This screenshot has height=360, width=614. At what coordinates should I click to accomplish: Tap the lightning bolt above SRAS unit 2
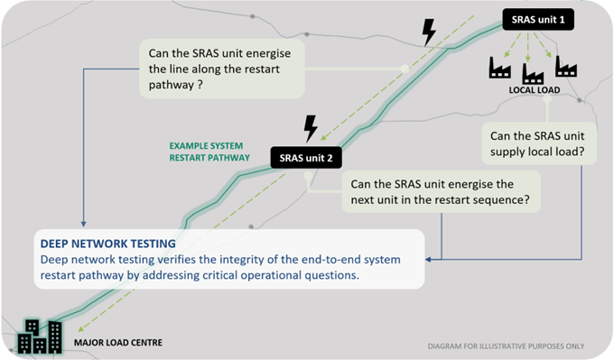pos(312,126)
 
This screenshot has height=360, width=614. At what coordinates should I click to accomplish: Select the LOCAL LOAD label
pos(535,90)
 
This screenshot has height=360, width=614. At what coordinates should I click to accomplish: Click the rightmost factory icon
pos(566,67)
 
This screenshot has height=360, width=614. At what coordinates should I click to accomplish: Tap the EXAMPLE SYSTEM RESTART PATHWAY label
pos(210,150)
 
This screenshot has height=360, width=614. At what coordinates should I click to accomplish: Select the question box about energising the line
pos(221,68)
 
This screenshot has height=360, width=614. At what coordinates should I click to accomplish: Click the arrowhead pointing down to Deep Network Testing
pos(83,225)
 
